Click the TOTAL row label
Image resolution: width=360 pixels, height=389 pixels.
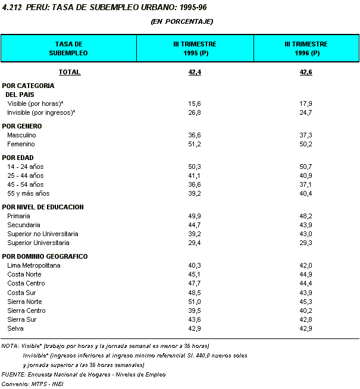click(70, 72)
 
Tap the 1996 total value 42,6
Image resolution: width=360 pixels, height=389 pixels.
click(306, 72)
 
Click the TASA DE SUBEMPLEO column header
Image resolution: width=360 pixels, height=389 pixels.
click(68, 48)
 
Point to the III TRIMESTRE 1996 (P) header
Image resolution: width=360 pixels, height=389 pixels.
click(306, 48)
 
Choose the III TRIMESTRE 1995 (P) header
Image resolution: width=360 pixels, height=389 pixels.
click(195, 48)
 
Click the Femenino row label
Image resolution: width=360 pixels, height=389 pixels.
click(21, 144)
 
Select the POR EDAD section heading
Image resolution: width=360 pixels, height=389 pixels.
click(18, 158)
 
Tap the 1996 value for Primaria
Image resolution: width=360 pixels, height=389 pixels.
click(306, 216)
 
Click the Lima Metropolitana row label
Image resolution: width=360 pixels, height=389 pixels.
click(34, 265)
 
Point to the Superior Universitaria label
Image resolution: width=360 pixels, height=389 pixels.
click(38, 243)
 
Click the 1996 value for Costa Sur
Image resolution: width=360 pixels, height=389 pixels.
click(306, 293)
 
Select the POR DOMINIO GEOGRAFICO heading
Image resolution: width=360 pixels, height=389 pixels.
click(45, 256)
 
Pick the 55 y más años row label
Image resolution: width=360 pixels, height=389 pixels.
click(28, 193)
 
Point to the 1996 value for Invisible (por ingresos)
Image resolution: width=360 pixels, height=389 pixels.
click(306, 112)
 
